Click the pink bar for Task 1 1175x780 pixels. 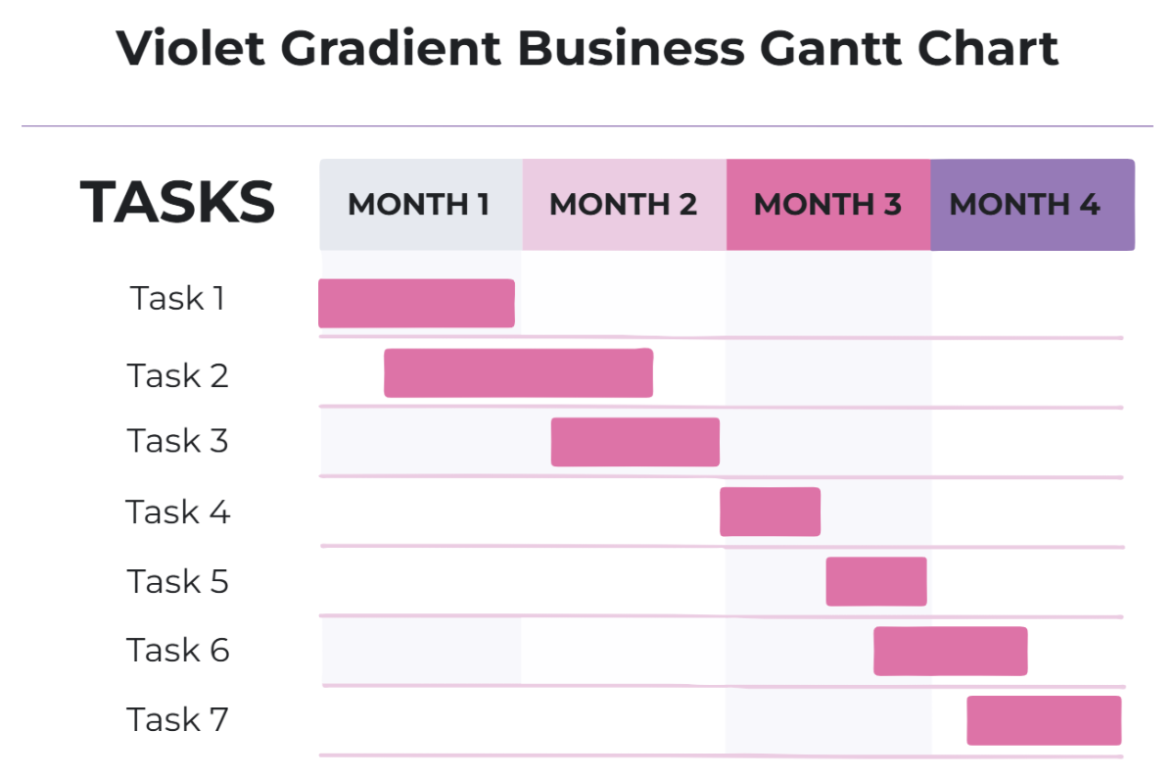(416, 303)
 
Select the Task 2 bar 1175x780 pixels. (518, 373)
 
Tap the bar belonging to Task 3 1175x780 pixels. (634, 442)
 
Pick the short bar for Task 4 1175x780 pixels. (770, 512)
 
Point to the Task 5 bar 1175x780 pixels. (875, 581)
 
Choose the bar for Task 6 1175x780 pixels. (950, 651)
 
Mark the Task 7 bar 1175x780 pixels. (1044, 720)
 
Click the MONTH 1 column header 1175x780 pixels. (420, 205)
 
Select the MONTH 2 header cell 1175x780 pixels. (624, 205)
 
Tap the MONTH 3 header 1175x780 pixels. (827, 205)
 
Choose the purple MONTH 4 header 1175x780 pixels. (1031, 205)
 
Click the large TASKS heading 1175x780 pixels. (177, 202)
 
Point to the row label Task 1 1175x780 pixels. (177, 298)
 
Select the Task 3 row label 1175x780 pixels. (177, 441)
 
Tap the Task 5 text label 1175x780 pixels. (177, 581)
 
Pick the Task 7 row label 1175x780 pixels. (177, 720)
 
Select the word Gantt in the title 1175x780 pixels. (849, 47)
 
